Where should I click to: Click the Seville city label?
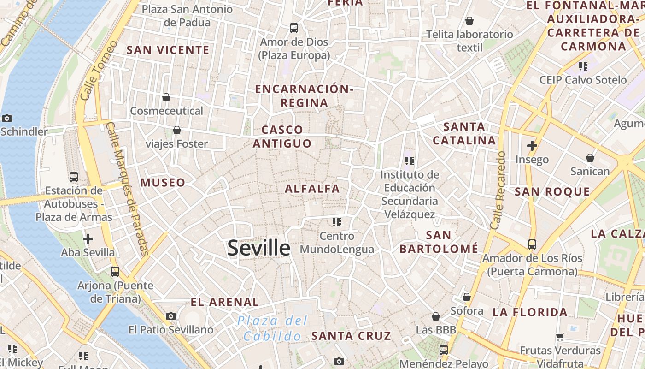point(258,248)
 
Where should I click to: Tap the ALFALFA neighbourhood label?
point(312,189)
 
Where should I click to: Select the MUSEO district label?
point(163,183)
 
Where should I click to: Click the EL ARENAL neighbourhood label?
point(225,303)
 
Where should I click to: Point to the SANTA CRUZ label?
point(351,336)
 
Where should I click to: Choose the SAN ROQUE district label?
point(552,192)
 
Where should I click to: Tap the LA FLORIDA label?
point(530,313)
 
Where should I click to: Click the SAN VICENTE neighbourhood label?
point(168,50)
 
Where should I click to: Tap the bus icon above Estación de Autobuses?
point(73,177)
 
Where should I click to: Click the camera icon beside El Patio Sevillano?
point(171,316)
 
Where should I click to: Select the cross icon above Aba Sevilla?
point(88,239)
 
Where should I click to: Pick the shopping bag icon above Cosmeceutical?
point(166,97)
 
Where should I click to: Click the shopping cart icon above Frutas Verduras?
point(560,337)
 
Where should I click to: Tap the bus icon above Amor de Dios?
point(294,28)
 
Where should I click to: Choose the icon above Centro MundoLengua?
point(337,222)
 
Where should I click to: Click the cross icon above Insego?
point(532,146)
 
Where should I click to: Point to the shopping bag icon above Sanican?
point(590,158)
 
